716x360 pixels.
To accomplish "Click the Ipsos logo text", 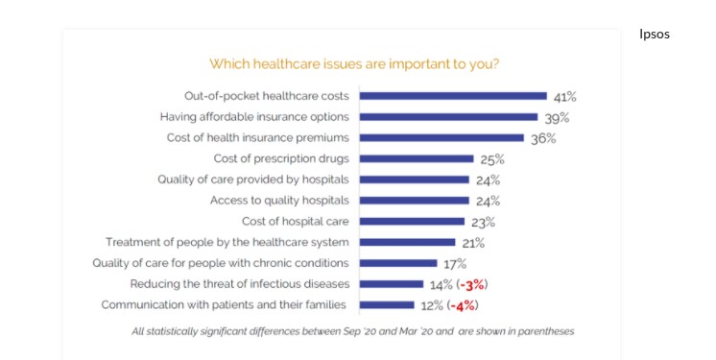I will [654, 35].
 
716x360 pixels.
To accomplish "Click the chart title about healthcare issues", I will [354, 64].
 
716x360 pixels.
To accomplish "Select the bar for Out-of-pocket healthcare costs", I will [453, 96].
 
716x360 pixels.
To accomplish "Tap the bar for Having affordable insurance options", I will [448, 117].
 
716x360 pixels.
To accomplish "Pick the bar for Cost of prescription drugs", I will [417, 158].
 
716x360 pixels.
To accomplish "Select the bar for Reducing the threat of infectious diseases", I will [392, 284].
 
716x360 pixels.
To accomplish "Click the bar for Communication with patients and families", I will [388, 305].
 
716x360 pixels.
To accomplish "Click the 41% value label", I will [564, 96].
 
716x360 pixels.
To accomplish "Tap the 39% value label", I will [556, 117].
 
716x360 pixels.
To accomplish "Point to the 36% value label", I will [542, 138].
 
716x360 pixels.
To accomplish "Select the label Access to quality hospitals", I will [279, 201].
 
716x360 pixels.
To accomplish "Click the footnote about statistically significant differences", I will [354, 332].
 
